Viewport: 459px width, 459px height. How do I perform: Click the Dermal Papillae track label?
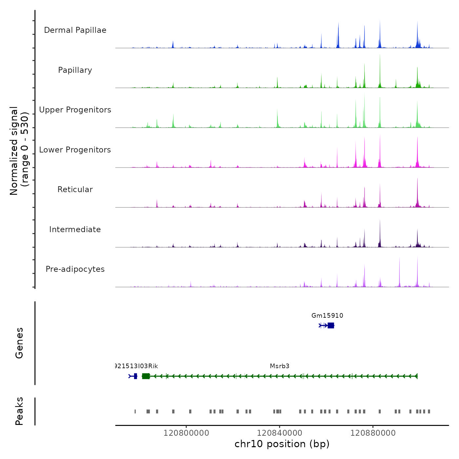click(75, 30)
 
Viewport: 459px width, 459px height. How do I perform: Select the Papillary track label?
click(75, 70)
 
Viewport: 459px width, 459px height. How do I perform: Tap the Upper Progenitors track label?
click(75, 110)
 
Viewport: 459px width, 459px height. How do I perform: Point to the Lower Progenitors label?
click(75, 150)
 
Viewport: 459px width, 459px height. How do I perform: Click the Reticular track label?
click(75, 190)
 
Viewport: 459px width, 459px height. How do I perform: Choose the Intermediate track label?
click(75, 229)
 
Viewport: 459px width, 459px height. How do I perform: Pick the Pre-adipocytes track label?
click(75, 269)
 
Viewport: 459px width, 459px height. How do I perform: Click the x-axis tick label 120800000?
click(186, 433)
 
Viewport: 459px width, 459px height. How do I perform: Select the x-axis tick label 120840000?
click(280, 433)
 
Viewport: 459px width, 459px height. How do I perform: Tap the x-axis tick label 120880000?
click(373, 433)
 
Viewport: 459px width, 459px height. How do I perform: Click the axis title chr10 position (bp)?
click(282, 444)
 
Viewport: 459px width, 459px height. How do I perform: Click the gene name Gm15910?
click(327, 316)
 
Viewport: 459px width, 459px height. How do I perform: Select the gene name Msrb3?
click(280, 366)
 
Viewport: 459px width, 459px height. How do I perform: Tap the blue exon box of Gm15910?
click(331, 325)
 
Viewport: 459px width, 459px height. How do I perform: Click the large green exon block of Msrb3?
click(146, 376)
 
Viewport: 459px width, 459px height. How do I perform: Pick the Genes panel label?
click(19, 343)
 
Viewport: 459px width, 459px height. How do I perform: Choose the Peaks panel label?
click(19, 411)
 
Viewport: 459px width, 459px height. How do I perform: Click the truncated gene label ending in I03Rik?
click(137, 366)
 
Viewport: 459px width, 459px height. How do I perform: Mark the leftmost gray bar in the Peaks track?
click(135, 411)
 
